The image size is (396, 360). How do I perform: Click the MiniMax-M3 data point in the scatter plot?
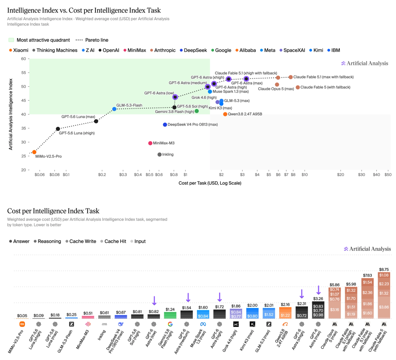coord(150,143)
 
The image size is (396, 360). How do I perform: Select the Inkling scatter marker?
coord(159,155)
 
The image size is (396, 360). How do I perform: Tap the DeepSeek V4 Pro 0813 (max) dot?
coord(165,125)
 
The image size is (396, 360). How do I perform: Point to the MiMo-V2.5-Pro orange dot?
coord(34,152)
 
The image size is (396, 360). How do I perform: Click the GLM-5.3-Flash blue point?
coord(114,109)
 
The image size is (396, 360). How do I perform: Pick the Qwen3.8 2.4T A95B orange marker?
coord(225,114)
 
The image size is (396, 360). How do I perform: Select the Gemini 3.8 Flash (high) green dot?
coord(197,111)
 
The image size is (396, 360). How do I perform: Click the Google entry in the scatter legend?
coord(221,50)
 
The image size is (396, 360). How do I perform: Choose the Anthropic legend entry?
coord(163,50)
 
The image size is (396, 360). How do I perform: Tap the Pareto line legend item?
coord(92,40)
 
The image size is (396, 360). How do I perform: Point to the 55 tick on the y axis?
coord(23,73)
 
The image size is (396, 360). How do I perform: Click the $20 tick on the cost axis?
coord(340,175)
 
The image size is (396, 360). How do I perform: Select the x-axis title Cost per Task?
coord(210,183)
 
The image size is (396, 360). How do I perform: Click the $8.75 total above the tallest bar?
coord(384,269)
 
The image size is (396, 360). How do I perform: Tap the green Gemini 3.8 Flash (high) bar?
coord(170,315)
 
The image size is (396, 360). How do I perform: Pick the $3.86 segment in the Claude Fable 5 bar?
coord(384,307)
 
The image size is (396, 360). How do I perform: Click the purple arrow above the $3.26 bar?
coord(318,290)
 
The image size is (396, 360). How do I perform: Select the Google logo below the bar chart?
coord(170,324)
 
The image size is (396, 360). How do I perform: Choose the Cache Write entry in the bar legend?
coord(81,241)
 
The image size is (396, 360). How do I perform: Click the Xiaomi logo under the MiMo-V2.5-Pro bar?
coord(22,324)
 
